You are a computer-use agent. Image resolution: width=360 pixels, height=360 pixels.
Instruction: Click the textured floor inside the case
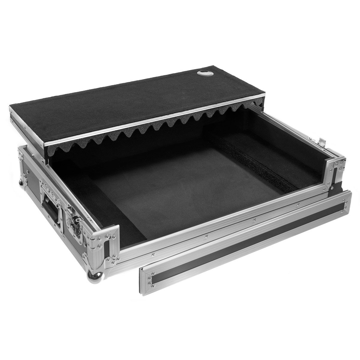[x=180, y=186]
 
